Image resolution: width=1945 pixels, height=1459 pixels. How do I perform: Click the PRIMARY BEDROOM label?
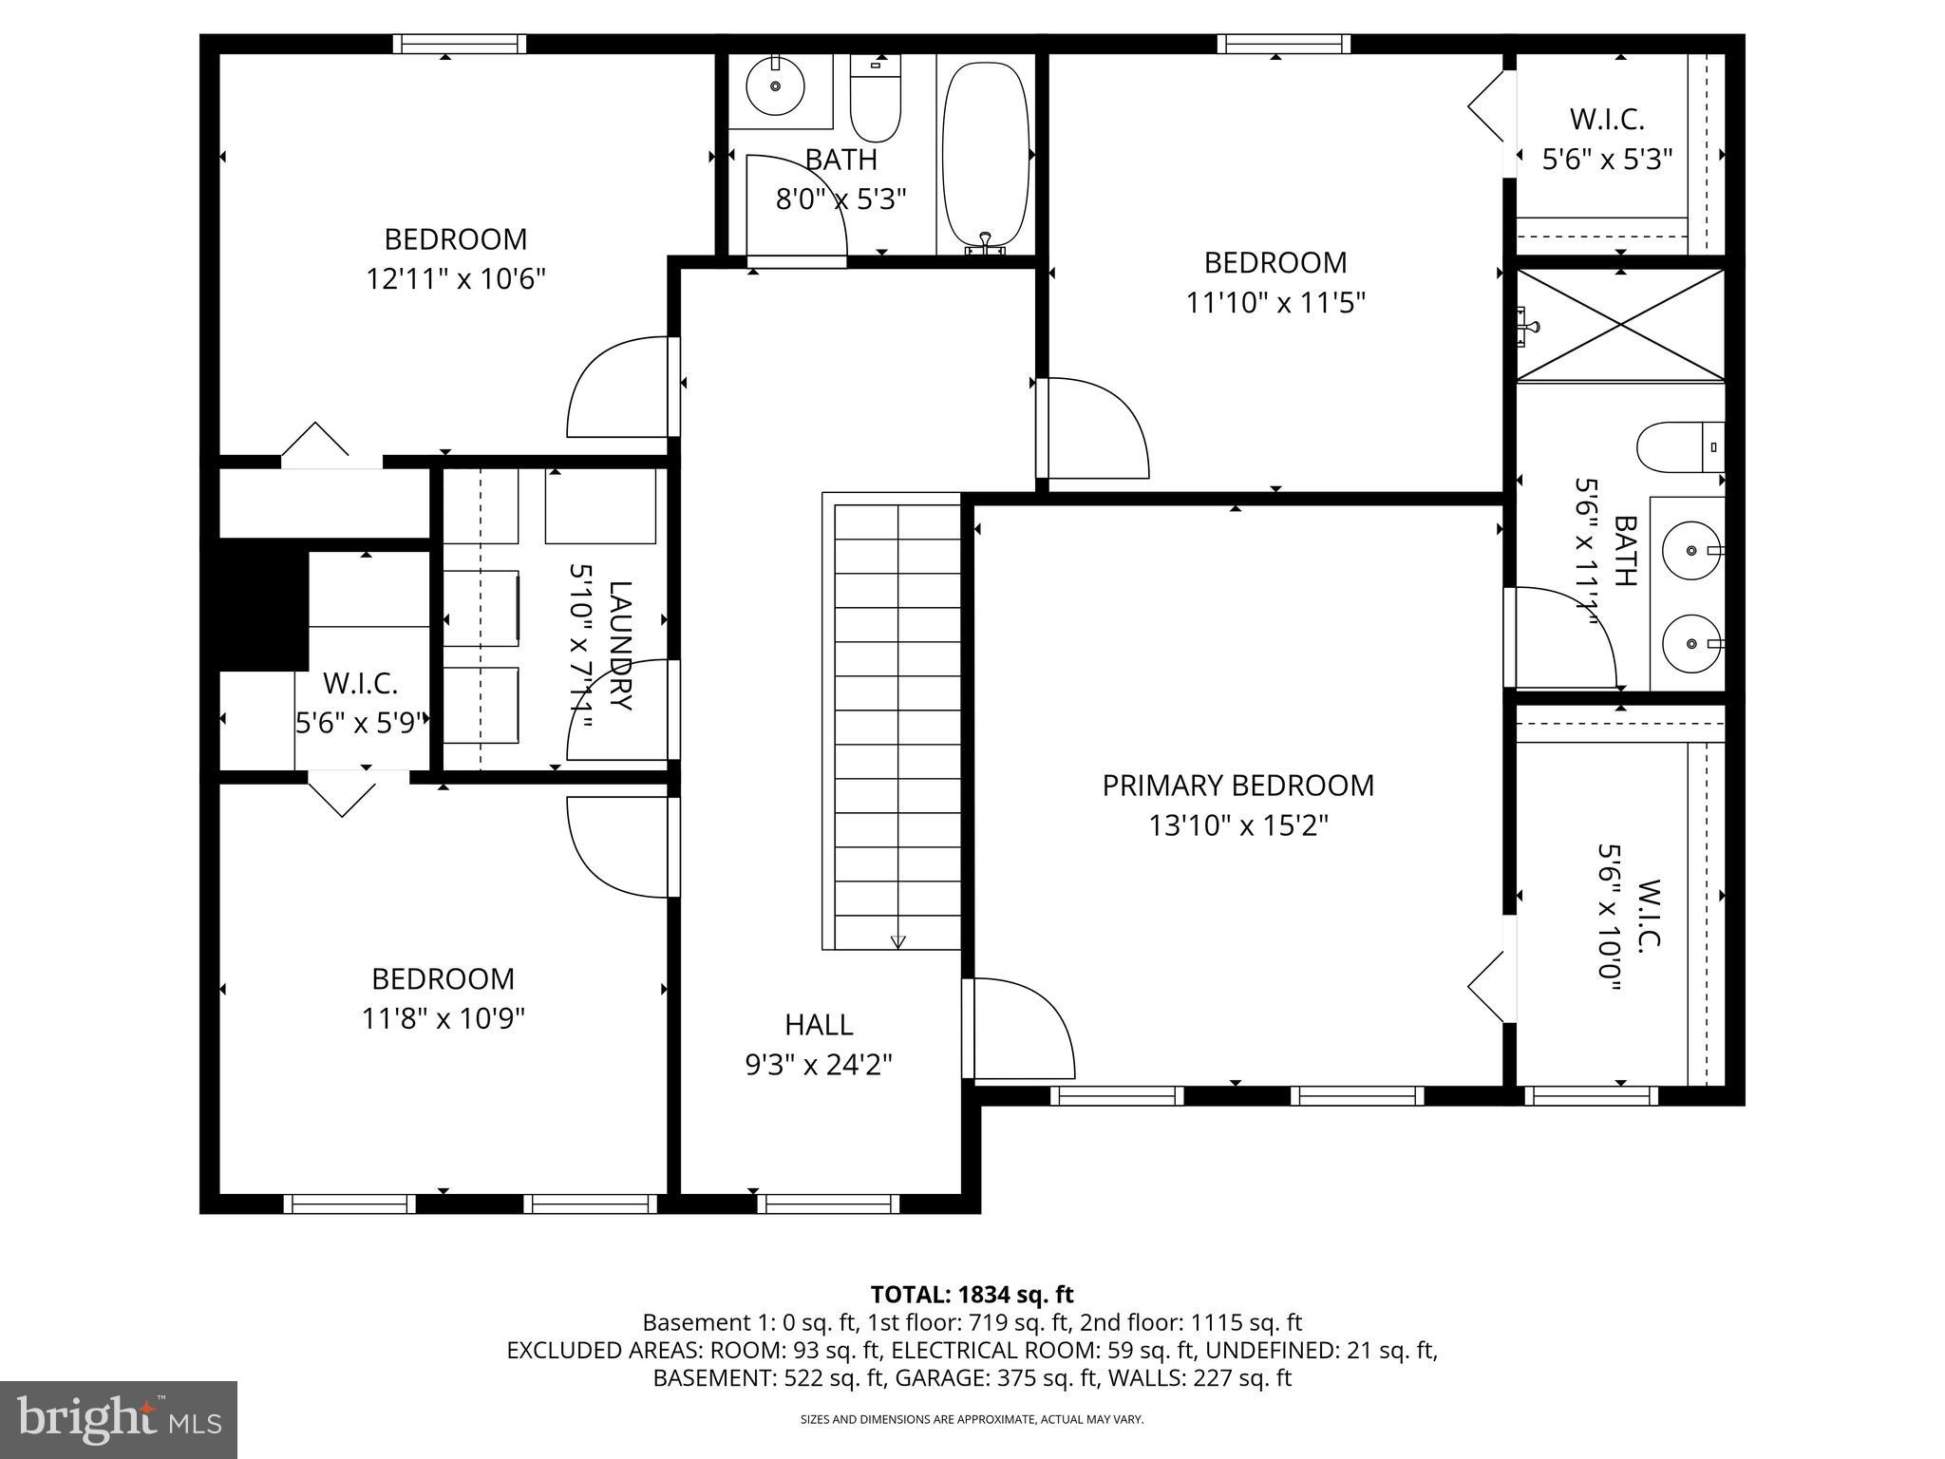pyautogui.click(x=1237, y=786)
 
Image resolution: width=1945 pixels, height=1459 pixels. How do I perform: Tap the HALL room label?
pyautogui.click(x=819, y=1025)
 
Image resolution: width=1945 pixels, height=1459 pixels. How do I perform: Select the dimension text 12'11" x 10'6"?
pyautogui.click(x=456, y=279)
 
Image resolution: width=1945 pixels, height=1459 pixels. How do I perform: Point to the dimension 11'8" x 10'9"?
pyautogui.click(x=443, y=1019)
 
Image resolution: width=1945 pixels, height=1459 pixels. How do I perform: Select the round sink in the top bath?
pyautogui.click(x=775, y=86)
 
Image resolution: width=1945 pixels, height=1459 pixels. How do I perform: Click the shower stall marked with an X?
pyautogui.click(x=1620, y=325)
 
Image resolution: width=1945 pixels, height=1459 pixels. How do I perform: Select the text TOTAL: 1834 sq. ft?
pyautogui.click(x=972, y=1295)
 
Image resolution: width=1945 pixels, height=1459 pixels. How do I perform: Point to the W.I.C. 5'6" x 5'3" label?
pyautogui.click(x=1606, y=139)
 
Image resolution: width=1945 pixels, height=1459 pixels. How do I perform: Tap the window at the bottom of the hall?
pyautogui.click(x=828, y=1203)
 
